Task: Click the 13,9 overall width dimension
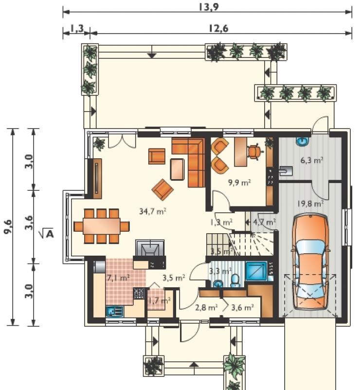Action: (209, 7)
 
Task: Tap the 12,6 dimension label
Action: (218, 29)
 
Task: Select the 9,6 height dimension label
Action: (8, 226)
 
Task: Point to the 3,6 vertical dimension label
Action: (29, 223)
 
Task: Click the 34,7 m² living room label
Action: (153, 211)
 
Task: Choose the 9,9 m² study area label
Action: (239, 183)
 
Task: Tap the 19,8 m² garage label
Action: (310, 204)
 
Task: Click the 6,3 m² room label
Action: (312, 160)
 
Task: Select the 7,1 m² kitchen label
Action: (118, 278)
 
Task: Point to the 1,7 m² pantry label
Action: (159, 301)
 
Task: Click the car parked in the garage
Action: (309, 261)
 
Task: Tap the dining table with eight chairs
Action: (102, 226)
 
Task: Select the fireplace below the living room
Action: (150, 248)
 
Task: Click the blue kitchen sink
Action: (114, 312)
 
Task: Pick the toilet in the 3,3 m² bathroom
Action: (235, 280)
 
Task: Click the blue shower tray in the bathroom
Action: (256, 271)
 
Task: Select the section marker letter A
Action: (50, 234)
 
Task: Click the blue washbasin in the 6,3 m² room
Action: (303, 141)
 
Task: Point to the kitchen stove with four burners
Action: (139, 294)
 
